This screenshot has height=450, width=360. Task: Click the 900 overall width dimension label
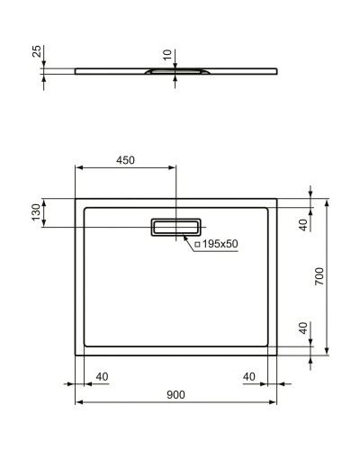click(x=175, y=393)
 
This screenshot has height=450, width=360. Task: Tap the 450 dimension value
click(x=125, y=159)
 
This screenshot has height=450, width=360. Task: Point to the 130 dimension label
click(x=37, y=213)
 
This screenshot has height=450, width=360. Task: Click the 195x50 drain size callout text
click(x=220, y=243)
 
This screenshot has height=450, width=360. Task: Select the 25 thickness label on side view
click(x=37, y=52)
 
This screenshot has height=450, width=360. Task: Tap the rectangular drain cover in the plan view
click(x=177, y=227)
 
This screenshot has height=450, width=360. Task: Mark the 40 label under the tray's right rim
click(x=249, y=376)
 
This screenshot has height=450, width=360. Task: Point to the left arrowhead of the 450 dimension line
click(x=77, y=167)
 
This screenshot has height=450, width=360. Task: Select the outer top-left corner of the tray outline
click(x=75, y=199)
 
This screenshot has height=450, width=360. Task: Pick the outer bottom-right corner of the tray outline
click(x=277, y=355)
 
